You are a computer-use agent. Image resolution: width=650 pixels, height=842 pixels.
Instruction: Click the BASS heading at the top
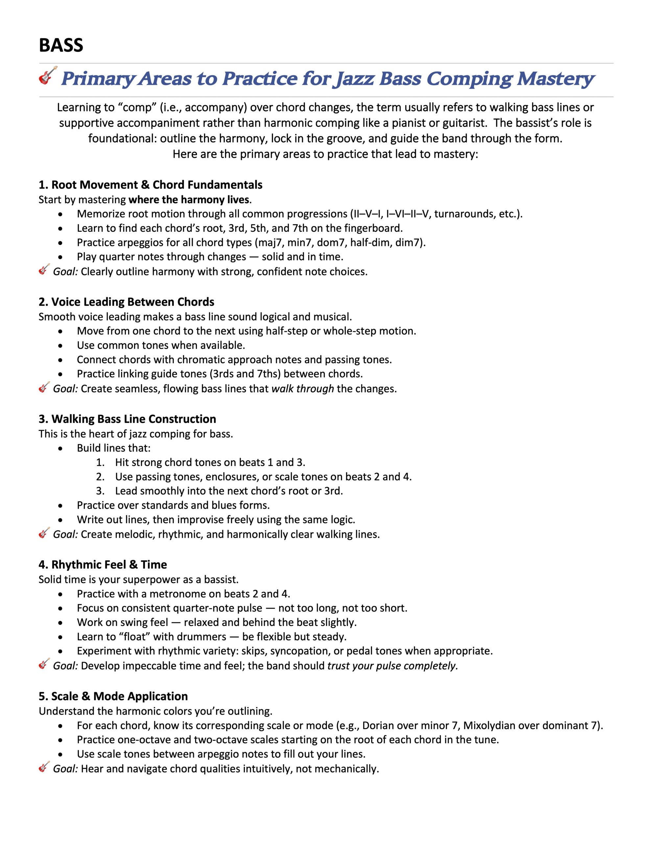(61, 45)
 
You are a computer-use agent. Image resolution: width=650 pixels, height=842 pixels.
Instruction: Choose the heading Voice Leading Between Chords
(127, 302)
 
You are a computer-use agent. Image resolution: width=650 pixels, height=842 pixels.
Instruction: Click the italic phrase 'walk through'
(302, 389)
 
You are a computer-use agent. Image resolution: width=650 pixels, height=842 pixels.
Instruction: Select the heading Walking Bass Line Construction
(127, 419)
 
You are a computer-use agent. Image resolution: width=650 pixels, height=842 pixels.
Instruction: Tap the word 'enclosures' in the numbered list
(231, 477)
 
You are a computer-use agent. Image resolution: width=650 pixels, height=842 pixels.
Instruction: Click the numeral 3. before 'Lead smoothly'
(100, 491)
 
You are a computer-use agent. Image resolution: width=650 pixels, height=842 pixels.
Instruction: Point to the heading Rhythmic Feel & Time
(103, 565)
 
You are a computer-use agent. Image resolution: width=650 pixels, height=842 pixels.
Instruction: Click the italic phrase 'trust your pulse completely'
(392, 666)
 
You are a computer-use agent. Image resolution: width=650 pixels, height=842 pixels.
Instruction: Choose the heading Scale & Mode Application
(113, 696)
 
